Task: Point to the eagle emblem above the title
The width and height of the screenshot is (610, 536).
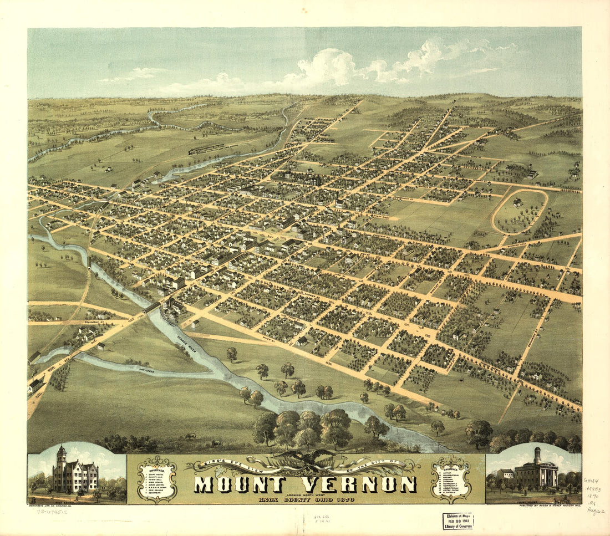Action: click(x=304, y=460)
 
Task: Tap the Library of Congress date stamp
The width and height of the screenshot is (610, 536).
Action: click(x=458, y=521)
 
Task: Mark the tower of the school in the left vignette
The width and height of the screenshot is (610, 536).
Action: click(x=62, y=458)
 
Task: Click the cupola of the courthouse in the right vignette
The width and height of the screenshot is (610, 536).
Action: click(x=537, y=455)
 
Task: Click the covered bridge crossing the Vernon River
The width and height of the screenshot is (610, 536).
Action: click(x=151, y=307)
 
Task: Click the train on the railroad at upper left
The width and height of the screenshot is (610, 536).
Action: click(x=207, y=149)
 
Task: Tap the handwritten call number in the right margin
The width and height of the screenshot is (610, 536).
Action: click(x=594, y=497)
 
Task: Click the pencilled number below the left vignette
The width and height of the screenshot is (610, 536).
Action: click(x=52, y=512)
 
